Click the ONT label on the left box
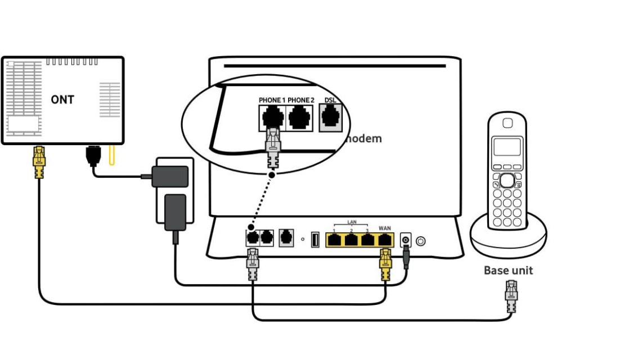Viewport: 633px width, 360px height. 62,100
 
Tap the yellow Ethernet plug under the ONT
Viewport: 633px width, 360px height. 39,162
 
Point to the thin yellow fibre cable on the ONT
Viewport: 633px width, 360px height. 111,156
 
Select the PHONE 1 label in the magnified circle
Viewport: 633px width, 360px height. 272,100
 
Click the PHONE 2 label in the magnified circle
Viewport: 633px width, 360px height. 301,100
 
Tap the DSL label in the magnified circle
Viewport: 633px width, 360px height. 329,100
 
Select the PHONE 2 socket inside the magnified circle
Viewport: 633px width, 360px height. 300,118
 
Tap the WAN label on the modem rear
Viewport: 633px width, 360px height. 385,228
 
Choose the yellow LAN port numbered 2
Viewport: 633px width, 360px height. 351,240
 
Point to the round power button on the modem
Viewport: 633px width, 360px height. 420,241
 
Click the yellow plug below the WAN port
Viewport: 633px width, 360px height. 385,264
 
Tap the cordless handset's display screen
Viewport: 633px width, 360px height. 507,147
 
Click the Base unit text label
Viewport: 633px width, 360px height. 508,271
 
